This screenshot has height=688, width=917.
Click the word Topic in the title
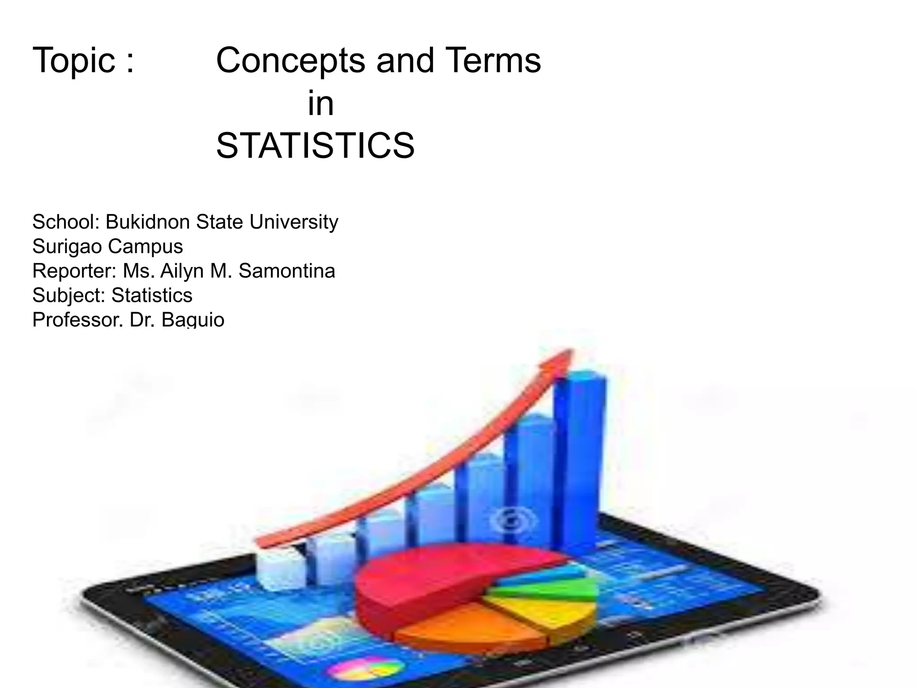point(74,60)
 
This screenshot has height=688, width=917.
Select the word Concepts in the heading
point(291,60)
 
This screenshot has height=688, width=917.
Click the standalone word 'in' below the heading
point(321,103)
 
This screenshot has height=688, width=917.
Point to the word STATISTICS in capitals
point(315,146)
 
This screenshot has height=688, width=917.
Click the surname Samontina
point(287,271)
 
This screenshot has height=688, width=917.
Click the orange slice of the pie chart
point(470,632)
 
